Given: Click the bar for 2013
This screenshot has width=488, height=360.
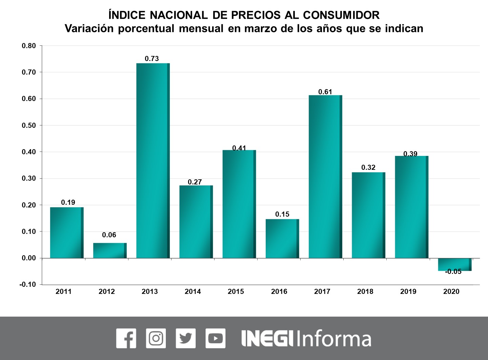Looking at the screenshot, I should coord(153,161).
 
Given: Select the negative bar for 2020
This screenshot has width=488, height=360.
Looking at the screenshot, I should coord(454,264).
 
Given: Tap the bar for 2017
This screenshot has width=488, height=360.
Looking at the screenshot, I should coord(325,177).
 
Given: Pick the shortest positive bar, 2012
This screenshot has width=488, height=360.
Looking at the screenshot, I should coord(110,251).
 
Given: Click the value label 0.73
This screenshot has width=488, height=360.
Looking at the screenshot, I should coord(152,59).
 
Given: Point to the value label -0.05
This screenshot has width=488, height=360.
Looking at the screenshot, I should coord(453,272).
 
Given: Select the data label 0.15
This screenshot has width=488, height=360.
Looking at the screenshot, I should coord(282,214).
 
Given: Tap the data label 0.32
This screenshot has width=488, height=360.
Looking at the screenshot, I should coord(368,167).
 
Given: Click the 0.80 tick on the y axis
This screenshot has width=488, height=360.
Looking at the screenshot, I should coord(29,46).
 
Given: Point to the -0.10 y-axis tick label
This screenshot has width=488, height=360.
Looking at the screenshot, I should coord(28,284).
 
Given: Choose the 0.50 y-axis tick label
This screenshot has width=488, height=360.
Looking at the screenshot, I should coord(29,125).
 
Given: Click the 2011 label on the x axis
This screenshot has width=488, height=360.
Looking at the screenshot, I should coord(64,292).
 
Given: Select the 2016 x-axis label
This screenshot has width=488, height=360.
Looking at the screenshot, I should coord(279,292).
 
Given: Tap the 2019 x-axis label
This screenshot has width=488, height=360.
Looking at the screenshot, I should coord(408,292).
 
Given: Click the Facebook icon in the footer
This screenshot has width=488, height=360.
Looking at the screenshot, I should coord(126,338).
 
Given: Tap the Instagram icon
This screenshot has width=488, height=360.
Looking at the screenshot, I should coord(156,338).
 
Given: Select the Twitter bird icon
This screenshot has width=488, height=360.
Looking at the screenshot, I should coord(186,338).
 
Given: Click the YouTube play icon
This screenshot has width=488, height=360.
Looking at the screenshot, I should coord(215,338).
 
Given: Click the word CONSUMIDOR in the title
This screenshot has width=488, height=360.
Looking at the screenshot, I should coord(341,15).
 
